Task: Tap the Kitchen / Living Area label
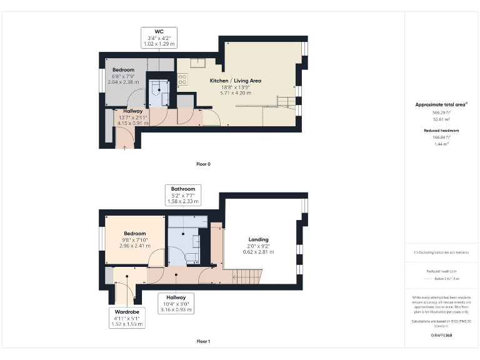tap(236, 81)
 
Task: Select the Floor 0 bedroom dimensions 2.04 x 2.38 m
tap(123, 82)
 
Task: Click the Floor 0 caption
tap(203, 164)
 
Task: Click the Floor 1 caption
tap(203, 342)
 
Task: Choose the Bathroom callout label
tap(183, 189)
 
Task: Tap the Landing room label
tap(258, 239)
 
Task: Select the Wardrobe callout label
tap(126, 311)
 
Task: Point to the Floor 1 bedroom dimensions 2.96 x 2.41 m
tap(135, 246)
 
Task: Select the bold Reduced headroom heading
tap(442, 130)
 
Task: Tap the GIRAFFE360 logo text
tap(441, 336)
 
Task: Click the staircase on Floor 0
tap(285, 101)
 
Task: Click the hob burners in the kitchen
tap(182, 79)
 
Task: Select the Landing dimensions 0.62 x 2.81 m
tap(258, 252)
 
